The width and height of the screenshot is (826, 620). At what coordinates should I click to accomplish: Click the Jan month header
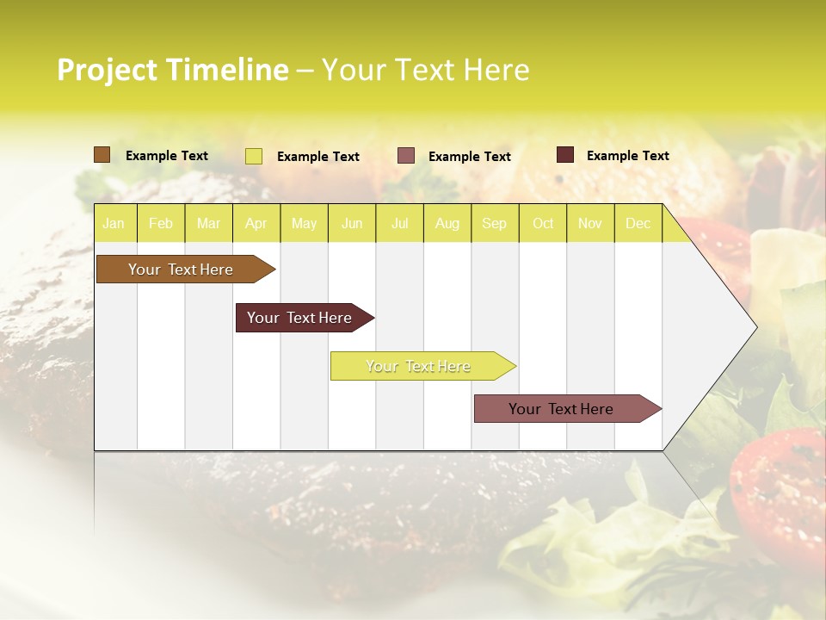[114, 224]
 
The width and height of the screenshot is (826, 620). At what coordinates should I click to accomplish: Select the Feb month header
[161, 224]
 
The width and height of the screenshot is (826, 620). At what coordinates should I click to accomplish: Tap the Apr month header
[256, 224]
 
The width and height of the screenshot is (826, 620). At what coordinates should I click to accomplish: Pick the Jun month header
[352, 224]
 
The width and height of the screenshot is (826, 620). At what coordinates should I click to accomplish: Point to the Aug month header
[447, 224]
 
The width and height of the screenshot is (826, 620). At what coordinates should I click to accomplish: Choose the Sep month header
[495, 224]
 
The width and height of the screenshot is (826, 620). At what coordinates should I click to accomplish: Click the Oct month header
[543, 224]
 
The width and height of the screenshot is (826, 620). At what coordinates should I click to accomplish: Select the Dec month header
[638, 224]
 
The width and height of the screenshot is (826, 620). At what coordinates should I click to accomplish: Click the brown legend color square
[102, 155]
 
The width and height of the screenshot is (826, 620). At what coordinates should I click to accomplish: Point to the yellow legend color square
[254, 156]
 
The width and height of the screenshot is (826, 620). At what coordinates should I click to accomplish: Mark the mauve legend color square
[406, 156]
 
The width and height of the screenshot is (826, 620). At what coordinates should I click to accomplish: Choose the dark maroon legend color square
[565, 155]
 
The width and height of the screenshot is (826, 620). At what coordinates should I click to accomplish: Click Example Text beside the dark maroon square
[627, 156]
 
